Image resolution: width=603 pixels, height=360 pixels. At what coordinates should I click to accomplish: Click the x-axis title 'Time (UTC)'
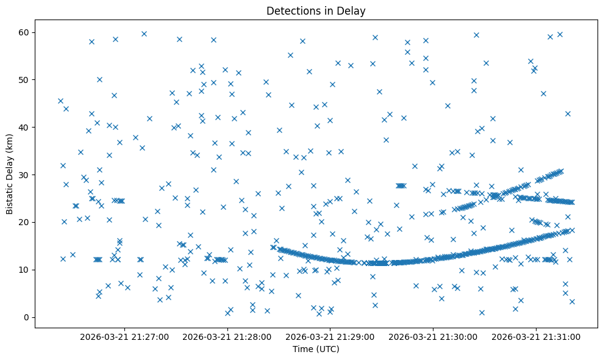316,349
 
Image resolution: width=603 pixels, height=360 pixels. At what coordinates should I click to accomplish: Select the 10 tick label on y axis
25,270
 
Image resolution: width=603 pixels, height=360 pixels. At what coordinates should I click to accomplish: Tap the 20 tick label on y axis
25,222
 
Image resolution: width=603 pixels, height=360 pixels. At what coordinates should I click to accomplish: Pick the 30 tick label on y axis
25,175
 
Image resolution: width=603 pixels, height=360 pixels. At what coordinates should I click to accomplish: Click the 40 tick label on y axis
25,127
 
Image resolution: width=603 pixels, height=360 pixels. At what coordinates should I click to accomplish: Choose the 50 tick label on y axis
25,79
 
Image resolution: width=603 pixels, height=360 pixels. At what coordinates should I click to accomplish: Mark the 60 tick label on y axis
25,32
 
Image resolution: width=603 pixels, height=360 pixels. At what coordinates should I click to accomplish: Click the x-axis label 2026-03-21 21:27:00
124,336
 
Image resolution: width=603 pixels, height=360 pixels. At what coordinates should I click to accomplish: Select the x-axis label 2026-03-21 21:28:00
227,336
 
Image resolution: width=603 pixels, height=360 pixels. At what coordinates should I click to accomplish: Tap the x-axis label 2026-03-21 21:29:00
330,336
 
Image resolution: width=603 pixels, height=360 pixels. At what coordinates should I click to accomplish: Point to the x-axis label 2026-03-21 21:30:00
434,336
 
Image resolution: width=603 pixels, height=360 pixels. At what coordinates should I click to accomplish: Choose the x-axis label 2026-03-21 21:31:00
537,336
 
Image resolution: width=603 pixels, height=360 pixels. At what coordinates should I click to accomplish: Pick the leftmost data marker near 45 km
60,101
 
